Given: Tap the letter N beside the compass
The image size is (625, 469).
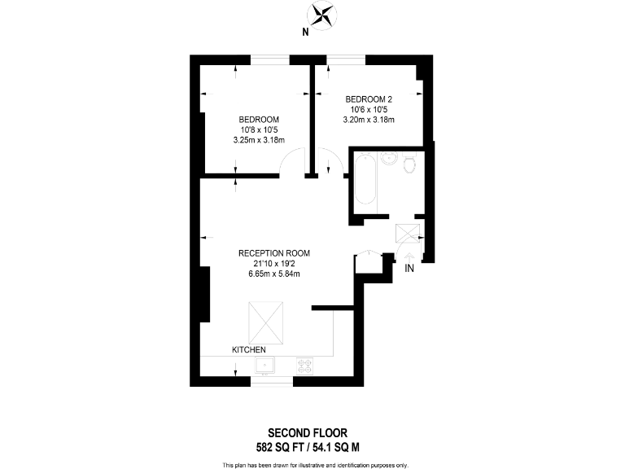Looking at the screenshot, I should click(305, 33).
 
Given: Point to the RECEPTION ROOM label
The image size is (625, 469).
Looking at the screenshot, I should click(274, 252).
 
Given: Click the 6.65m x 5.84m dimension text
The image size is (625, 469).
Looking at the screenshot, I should click(274, 274).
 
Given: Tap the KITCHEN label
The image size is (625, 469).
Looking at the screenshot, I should click(249, 349).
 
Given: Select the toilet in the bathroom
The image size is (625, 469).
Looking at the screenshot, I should click(409, 166).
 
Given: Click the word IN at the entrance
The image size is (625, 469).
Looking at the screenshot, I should click(409, 268).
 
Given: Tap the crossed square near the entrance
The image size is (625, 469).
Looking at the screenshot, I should click(406, 234).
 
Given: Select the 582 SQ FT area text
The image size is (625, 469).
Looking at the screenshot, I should click(282, 446).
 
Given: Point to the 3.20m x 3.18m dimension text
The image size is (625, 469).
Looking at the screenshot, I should click(369, 120).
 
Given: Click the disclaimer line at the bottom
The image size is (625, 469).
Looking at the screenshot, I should click(315, 464).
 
